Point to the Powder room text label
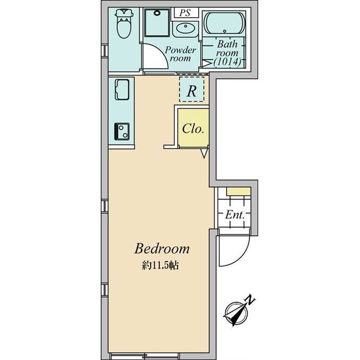pyautogui.click(x=181, y=54)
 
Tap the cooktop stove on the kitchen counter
pyautogui.click(x=122, y=130)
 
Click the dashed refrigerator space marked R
pyautogui.click(x=192, y=89)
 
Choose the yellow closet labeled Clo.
pyautogui.click(x=192, y=128)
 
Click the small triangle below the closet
pyautogui.click(x=204, y=152)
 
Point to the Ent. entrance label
pyautogui.click(x=234, y=214)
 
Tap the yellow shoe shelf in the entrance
pyautogui.click(x=238, y=192)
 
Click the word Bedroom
pyautogui.click(x=161, y=249)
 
